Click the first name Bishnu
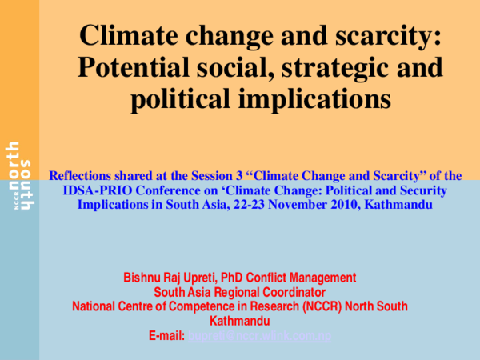click(142, 278)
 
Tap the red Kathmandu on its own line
click(240, 321)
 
